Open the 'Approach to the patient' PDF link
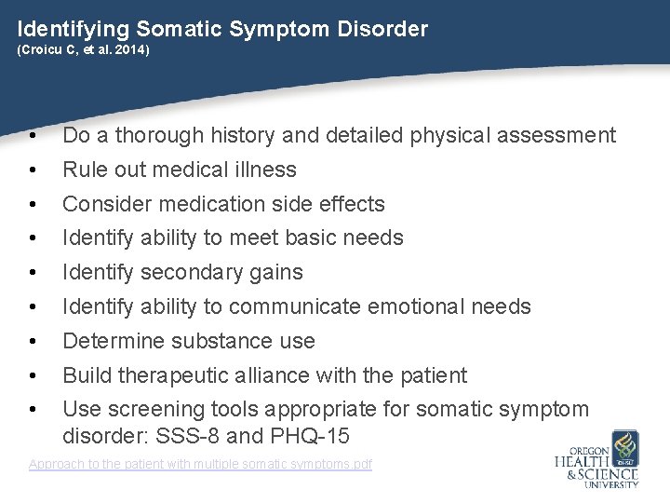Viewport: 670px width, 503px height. click(x=200, y=464)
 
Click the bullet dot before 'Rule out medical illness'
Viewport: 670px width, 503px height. click(x=33, y=170)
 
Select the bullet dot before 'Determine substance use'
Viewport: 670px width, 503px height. click(x=33, y=342)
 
